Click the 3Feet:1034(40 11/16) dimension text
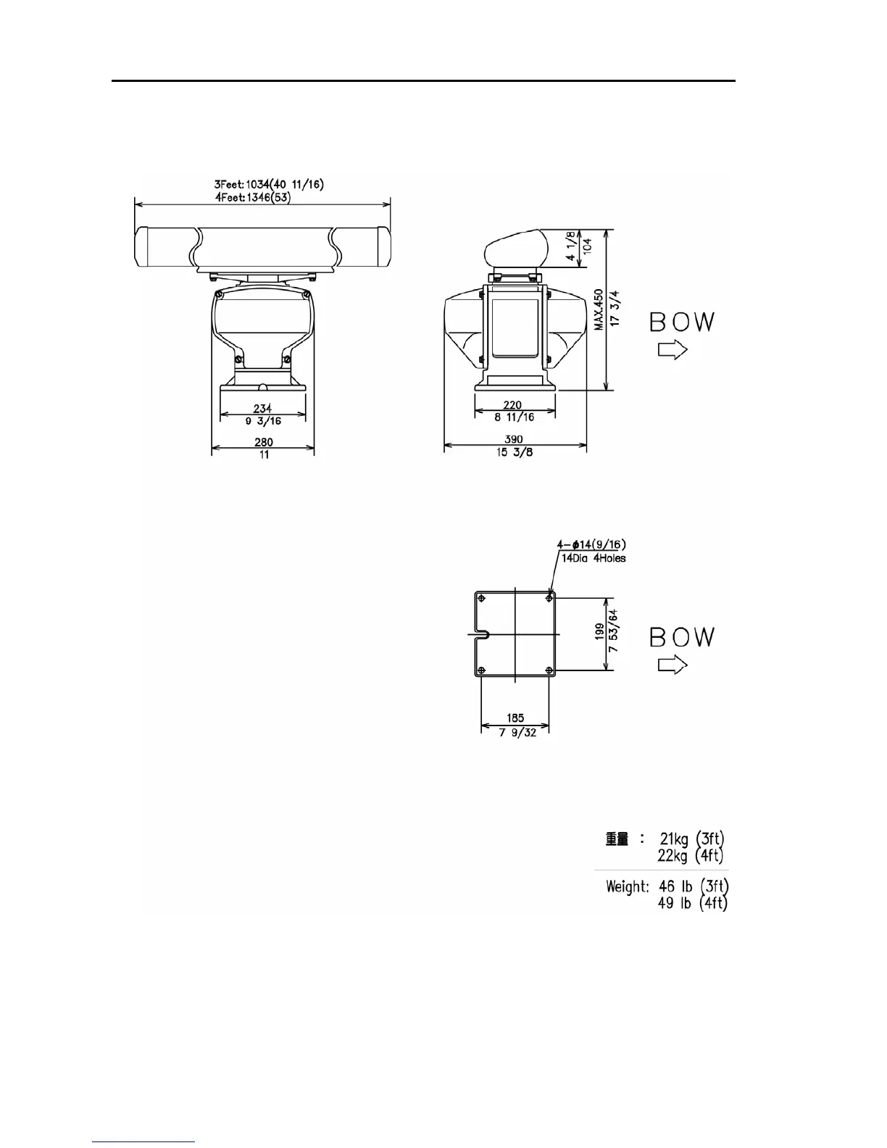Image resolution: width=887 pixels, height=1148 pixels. pos(269,184)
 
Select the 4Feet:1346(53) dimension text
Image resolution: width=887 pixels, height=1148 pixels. pos(252,198)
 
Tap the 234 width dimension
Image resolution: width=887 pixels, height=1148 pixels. pos(262,408)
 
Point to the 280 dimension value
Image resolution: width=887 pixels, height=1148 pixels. pos(264,442)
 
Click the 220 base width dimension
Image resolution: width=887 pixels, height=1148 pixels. pos(512,404)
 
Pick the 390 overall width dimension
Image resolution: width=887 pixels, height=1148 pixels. pos(514,439)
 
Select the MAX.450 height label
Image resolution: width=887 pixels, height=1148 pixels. pos(599,309)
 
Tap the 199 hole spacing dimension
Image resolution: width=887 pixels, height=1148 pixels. pos(600,631)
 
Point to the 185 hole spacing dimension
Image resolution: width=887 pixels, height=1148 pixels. pos(515,717)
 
